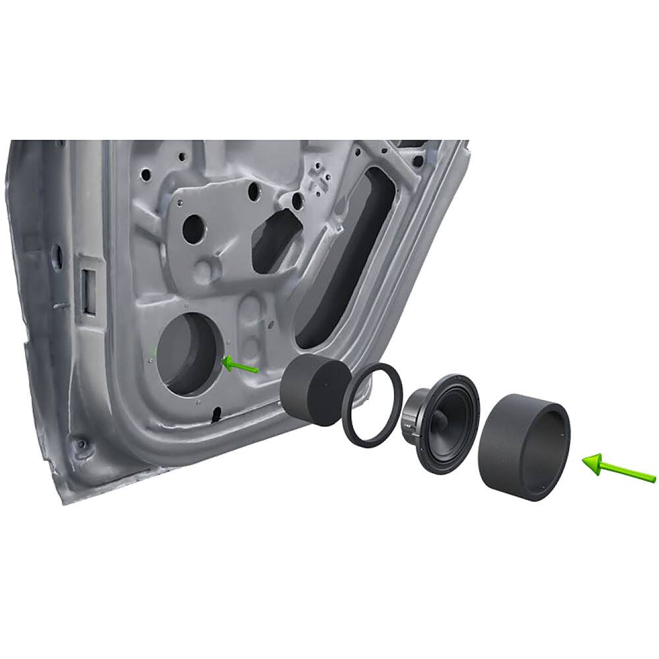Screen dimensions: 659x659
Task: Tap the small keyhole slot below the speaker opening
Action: pos(216,415)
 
